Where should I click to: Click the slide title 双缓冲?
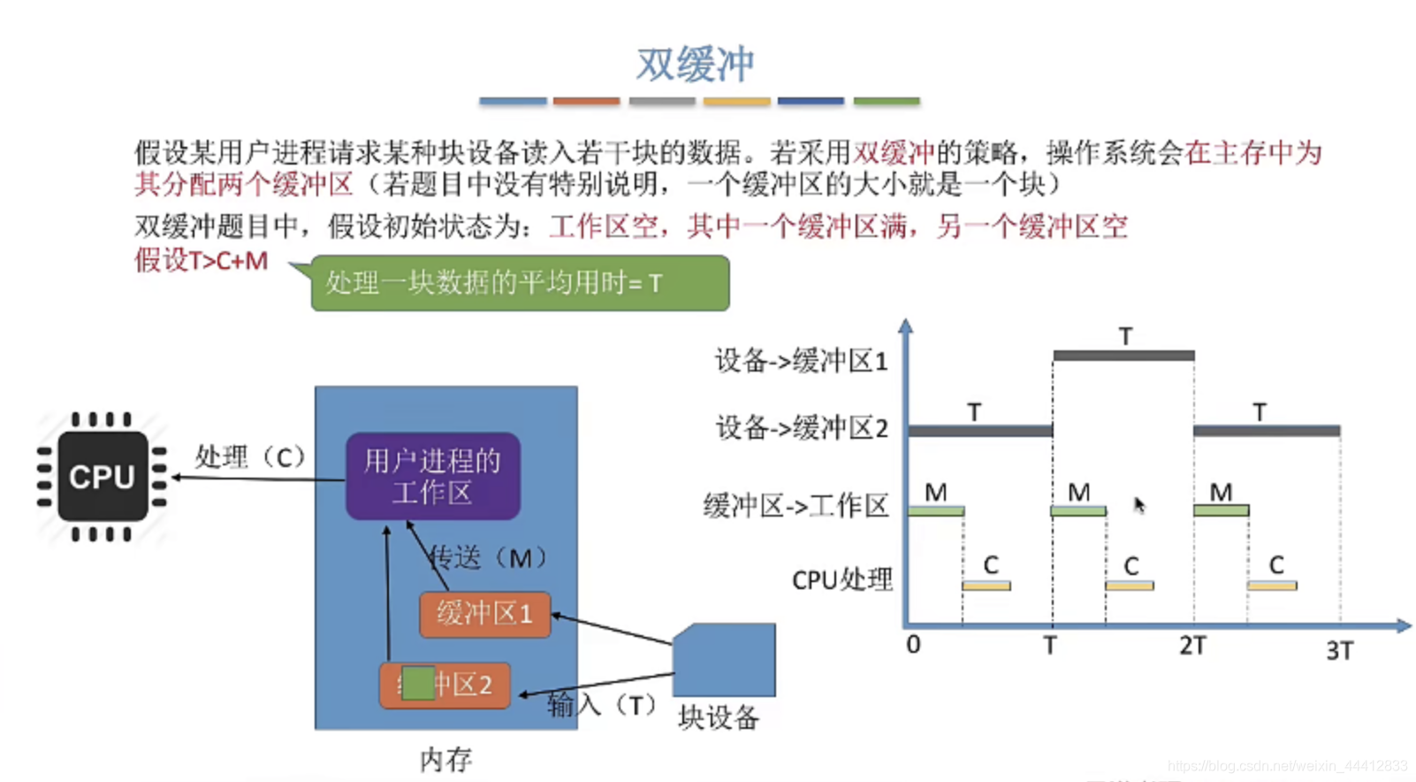(x=696, y=65)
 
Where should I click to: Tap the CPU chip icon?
(x=103, y=477)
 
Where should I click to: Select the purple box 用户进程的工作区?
(x=432, y=476)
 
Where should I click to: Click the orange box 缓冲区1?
(x=484, y=614)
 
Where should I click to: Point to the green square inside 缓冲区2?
(x=417, y=683)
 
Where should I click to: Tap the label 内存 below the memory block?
(x=445, y=759)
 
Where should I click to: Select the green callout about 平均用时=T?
(x=520, y=283)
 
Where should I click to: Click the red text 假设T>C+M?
(x=202, y=261)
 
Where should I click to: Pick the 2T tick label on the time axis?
(x=1192, y=646)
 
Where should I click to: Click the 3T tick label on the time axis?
(x=1339, y=651)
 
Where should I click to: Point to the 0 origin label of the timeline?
(x=913, y=645)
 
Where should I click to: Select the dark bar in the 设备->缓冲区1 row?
(x=1123, y=356)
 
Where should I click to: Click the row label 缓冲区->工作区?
(x=796, y=506)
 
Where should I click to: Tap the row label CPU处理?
(x=841, y=579)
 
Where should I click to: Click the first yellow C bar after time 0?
(x=986, y=586)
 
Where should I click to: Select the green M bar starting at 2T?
(x=1221, y=510)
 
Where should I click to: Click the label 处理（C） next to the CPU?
(x=250, y=457)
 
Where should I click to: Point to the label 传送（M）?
(x=488, y=557)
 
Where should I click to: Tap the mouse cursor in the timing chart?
(x=1139, y=504)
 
